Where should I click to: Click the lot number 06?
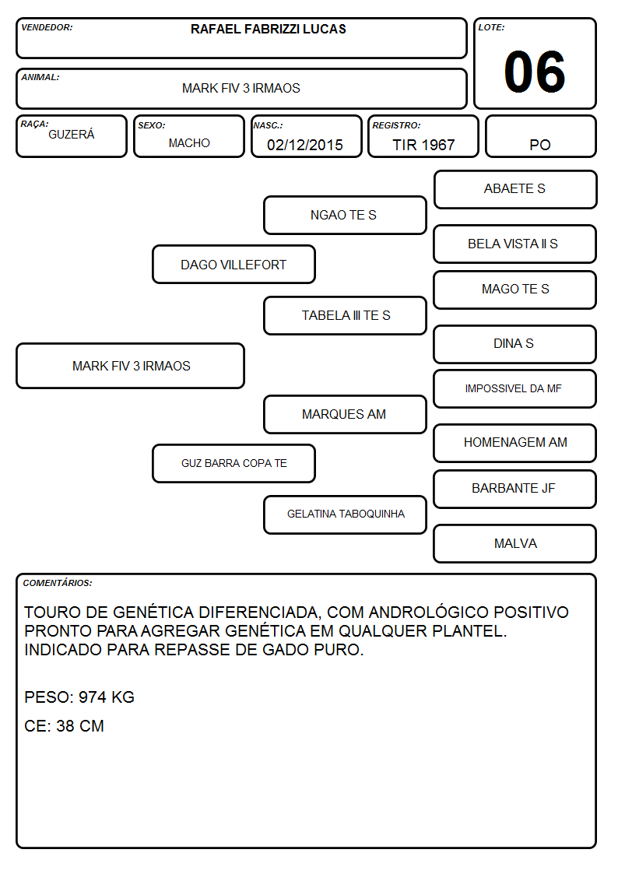(535, 72)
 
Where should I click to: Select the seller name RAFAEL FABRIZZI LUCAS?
(268, 29)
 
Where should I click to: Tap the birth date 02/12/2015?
(305, 145)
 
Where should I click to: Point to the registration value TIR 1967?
(423, 145)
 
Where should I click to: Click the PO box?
(540, 136)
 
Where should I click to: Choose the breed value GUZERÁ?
(72, 135)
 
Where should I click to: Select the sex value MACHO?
(189, 143)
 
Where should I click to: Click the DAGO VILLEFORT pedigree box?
(234, 264)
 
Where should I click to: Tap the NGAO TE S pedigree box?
(345, 215)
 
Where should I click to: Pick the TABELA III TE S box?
(345, 315)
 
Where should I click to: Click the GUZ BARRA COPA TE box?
(234, 463)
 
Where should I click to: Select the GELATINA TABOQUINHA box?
(345, 514)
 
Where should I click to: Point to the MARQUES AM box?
(345, 414)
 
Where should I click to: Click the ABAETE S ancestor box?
(515, 190)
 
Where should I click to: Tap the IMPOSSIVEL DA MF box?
(514, 388)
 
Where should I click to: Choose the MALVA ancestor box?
(514, 543)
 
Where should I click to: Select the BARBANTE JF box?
(514, 489)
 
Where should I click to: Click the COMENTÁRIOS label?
(58, 583)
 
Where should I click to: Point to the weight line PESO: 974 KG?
(79, 697)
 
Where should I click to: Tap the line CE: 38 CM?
(64, 726)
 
